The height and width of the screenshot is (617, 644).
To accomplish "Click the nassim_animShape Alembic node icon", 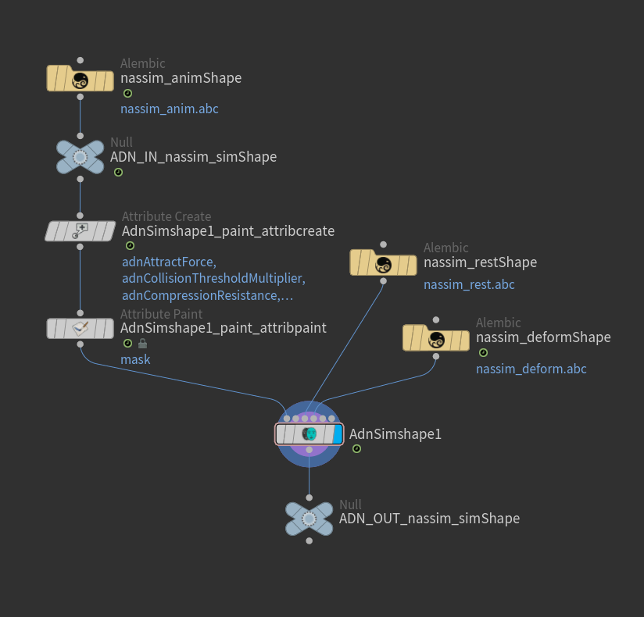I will [80, 79].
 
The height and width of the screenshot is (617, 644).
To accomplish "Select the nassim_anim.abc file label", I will [169, 109].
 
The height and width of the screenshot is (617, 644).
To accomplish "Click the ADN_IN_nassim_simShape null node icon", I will [80, 157].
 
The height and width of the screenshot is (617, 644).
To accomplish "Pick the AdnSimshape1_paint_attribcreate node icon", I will [80, 231].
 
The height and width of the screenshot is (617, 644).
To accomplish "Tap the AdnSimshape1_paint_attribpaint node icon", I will [80, 328].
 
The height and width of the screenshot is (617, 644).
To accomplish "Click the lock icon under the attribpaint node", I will [142, 344].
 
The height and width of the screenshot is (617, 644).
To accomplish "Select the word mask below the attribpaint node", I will [135, 359].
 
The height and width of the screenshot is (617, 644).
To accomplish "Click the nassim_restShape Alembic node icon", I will [383, 263].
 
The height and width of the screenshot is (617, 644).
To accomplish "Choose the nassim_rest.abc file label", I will [469, 284].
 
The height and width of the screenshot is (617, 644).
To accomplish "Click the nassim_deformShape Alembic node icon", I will [436, 338].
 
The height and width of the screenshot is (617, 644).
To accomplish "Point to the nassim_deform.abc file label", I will [531, 369].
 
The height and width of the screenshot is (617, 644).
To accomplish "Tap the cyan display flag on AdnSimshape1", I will [338, 434].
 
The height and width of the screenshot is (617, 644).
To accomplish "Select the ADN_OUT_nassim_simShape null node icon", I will [309, 519].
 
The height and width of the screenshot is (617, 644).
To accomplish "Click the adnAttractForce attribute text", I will [169, 262].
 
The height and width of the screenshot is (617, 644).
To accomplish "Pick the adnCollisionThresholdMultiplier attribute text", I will [213, 279].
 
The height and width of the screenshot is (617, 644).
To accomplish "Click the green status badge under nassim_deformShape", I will [483, 353].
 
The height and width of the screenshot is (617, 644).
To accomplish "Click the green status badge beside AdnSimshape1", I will [356, 449].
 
